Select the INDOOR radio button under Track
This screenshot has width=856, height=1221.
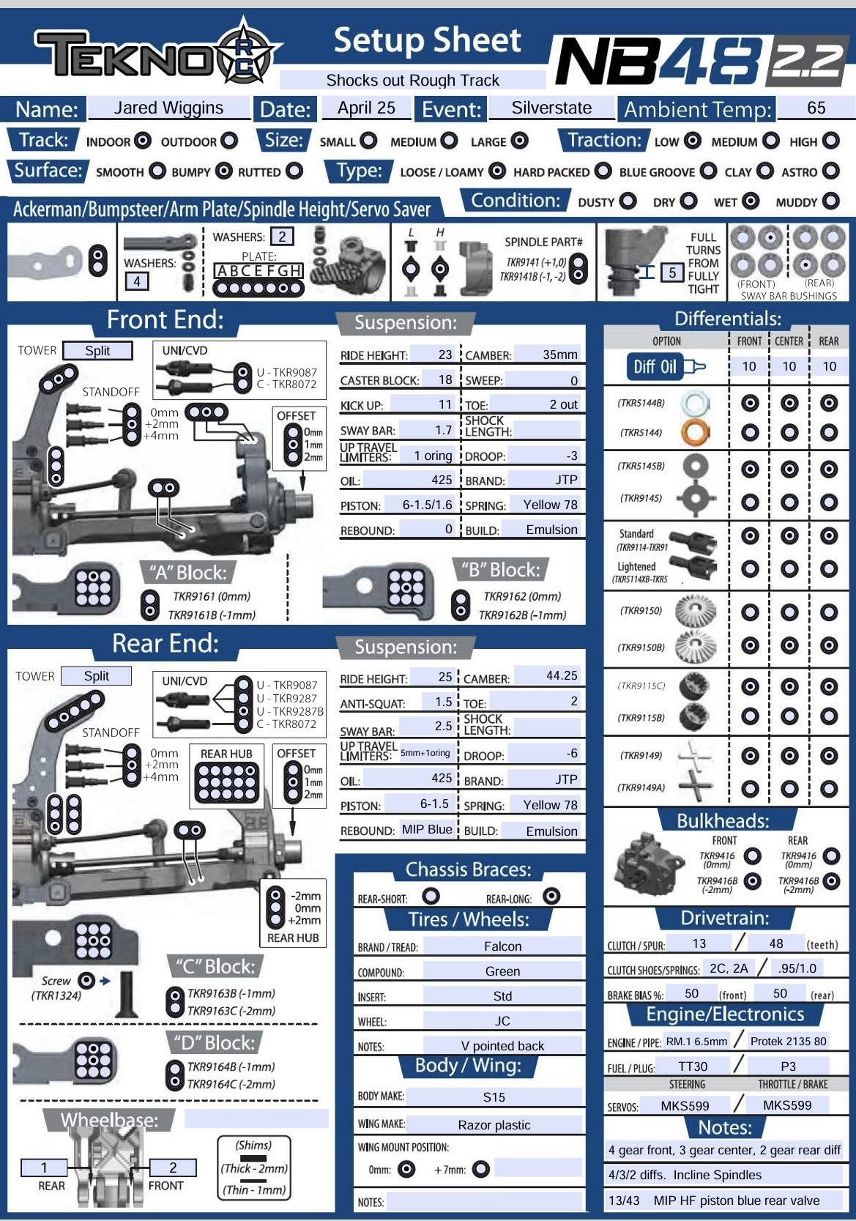pyautogui.click(x=144, y=141)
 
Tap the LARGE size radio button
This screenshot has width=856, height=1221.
pyautogui.click(x=519, y=141)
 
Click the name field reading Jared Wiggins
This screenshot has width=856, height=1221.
pyautogui.click(x=168, y=108)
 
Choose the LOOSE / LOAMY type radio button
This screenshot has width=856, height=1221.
pyautogui.click(x=497, y=171)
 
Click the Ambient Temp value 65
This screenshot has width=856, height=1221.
pyautogui.click(x=816, y=108)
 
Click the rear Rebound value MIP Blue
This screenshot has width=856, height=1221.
pyautogui.click(x=427, y=830)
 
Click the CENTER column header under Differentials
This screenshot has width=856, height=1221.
pyautogui.click(x=789, y=341)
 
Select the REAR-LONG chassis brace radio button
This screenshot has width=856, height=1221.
pyautogui.click(x=551, y=896)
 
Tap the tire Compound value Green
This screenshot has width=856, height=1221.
pyautogui.click(x=503, y=971)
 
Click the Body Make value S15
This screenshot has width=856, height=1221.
pyautogui.click(x=494, y=1096)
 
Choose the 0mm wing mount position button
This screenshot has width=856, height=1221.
pyautogui.click(x=406, y=1169)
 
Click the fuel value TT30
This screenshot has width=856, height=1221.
pyautogui.click(x=693, y=1066)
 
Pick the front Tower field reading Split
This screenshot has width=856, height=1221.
pyautogui.click(x=97, y=351)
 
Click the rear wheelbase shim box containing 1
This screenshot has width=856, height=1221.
pyautogui.click(x=45, y=1168)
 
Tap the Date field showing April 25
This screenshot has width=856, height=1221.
pyautogui.click(x=366, y=108)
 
